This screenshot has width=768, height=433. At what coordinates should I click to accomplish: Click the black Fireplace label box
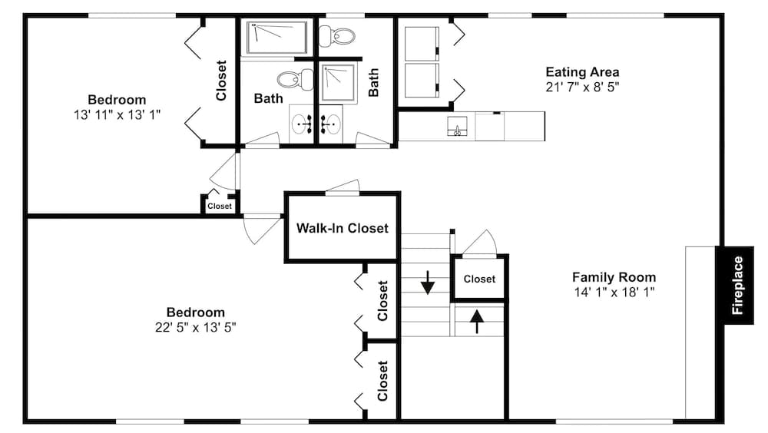(735, 285)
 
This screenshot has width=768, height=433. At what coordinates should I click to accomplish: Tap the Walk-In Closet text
(343, 228)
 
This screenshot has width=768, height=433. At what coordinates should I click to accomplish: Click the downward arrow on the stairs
(428, 283)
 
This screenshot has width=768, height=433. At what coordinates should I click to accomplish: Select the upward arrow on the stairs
(477, 322)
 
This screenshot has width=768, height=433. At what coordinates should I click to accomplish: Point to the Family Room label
(614, 277)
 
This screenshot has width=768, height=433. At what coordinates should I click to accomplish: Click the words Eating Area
(582, 72)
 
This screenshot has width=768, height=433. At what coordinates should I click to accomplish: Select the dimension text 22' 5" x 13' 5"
(195, 327)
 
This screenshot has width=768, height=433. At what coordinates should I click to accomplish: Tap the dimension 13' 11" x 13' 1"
(117, 114)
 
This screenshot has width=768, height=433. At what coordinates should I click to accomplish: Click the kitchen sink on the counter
(457, 127)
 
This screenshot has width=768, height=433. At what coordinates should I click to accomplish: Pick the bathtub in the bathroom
(276, 37)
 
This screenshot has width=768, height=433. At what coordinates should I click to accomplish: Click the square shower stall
(338, 82)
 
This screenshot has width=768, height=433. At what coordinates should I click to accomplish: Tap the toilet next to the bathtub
(336, 36)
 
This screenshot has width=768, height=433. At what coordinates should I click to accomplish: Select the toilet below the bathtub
(296, 79)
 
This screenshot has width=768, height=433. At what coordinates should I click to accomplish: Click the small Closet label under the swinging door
(220, 207)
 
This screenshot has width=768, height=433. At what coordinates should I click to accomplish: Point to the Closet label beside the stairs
(479, 279)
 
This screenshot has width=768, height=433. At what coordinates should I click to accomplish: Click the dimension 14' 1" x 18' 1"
(614, 293)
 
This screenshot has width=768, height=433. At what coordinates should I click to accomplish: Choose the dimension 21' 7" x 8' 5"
(582, 88)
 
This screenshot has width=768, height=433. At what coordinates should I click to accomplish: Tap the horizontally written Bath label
(268, 98)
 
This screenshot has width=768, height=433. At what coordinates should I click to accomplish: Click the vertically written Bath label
(373, 82)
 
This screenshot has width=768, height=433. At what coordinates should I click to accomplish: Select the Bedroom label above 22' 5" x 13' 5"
(195, 312)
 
